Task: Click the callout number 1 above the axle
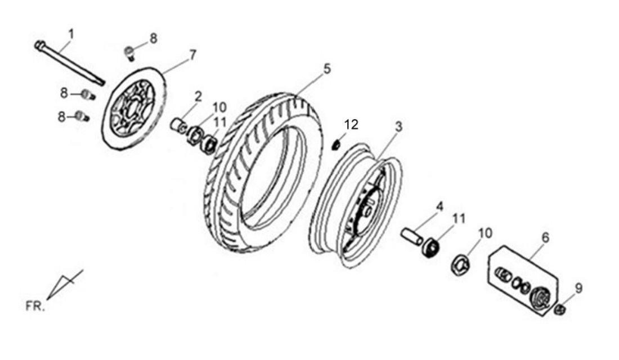[71, 34]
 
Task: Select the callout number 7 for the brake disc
[192, 55]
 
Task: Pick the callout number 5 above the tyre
[327, 69]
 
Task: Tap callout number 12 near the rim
[351, 125]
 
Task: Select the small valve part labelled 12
[336, 145]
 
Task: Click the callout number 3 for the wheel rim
[399, 127]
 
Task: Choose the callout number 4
[439, 206]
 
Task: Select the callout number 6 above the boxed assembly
[545, 237]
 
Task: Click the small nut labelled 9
[560, 309]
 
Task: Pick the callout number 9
[578, 289]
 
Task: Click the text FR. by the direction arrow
[35, 307]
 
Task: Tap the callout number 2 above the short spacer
[198, 96]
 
